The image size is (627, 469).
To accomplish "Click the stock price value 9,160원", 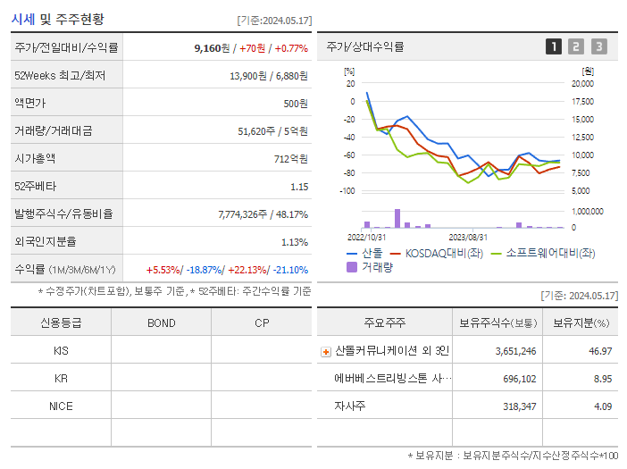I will point(212,48).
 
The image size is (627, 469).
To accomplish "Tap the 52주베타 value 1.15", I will point(298,187).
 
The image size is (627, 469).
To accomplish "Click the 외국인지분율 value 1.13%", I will point(294,242).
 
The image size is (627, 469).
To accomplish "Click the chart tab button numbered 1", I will point(554,46).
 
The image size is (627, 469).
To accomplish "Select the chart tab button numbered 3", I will point(598,46).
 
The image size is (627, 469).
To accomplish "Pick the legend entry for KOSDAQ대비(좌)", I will point(435,253).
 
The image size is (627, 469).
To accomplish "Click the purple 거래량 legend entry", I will point(371,266).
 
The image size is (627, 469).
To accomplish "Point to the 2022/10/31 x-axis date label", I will point(366,237).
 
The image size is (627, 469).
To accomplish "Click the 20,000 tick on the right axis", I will point(582,83).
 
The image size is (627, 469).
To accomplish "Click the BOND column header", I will point(161,323).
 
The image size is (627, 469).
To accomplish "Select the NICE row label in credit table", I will point(61,406).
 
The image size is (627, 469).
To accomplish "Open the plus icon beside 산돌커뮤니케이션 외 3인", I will point(326,352).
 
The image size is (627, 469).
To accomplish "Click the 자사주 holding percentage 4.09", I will point(603,406).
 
